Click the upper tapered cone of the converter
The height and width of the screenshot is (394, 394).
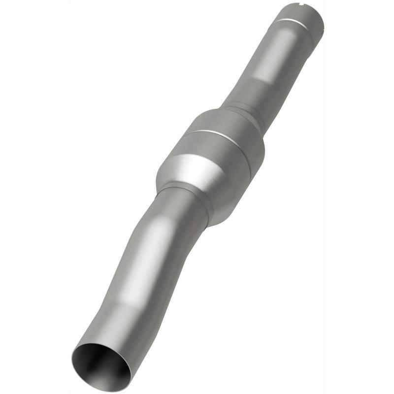pos(231,114)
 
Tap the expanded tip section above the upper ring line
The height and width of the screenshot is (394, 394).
pos(303,14)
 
